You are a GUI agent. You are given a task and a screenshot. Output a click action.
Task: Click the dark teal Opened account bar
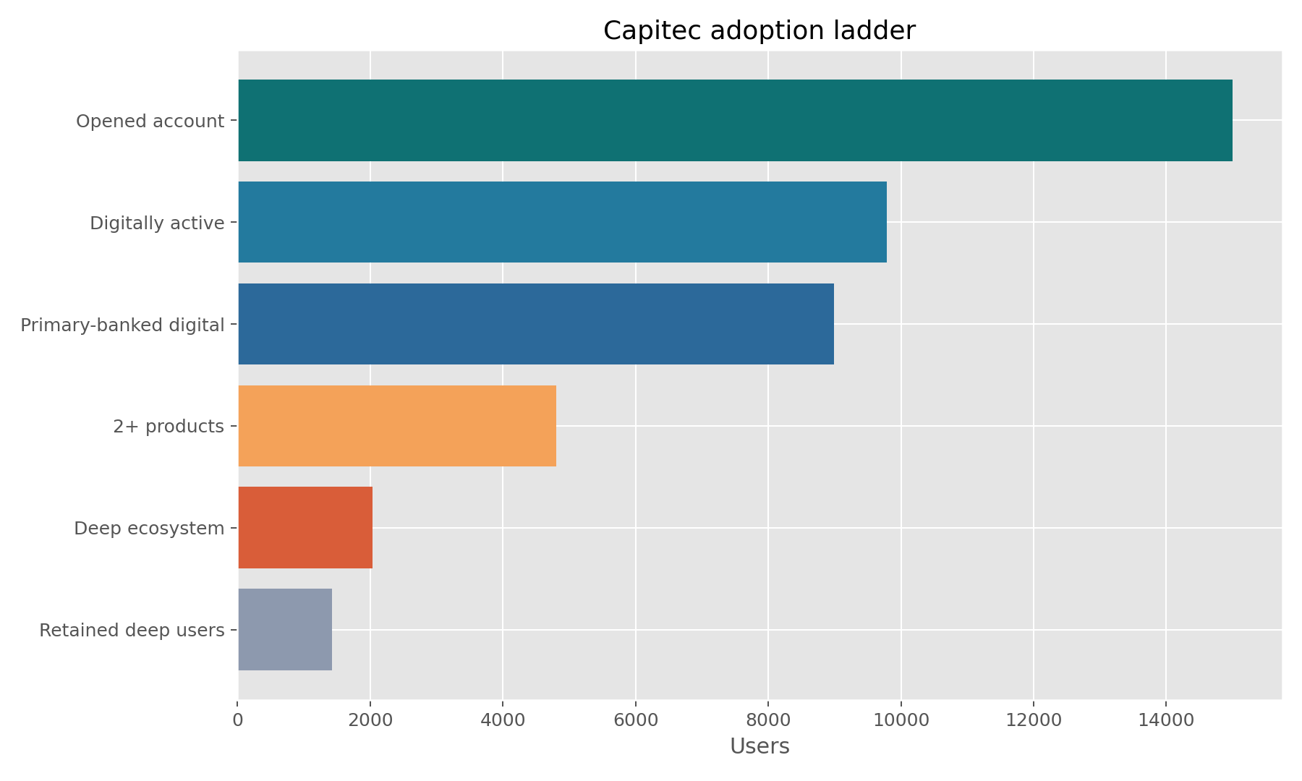pos(735,121)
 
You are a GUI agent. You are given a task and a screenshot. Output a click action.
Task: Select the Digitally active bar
pos(562,222)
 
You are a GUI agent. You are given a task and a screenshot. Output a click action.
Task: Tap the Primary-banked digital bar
pos(535,324)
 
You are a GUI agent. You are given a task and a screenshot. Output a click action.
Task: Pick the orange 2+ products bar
pos(397,426)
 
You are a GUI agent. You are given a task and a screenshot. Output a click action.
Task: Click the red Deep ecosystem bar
pos(305,528)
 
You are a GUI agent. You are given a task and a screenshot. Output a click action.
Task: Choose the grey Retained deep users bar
pos(285,630)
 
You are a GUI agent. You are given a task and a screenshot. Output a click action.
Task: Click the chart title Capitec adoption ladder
pos(759,31)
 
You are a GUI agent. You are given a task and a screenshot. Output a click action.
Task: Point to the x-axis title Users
pos(759,746)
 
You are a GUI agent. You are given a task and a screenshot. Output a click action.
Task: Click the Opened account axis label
pos(150,121)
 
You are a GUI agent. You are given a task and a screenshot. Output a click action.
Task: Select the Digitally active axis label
pos(157,223)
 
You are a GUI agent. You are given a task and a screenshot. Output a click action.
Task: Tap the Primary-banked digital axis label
pos(122,325)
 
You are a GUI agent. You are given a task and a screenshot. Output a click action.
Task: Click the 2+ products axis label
pos(169,427)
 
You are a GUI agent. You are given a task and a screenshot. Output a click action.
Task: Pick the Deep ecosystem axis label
pos(149,529)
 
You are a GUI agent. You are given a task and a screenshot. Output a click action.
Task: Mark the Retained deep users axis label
pos(132,631)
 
